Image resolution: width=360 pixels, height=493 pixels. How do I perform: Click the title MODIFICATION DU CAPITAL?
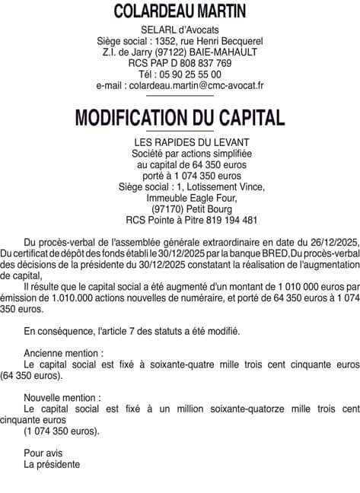tap(180, 118)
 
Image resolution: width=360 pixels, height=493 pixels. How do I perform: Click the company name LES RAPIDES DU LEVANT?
tap(180, 142)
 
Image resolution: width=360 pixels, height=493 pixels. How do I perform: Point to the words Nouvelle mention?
tap(62, 398)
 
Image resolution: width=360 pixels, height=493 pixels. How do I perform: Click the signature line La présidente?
tap(52, 464)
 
